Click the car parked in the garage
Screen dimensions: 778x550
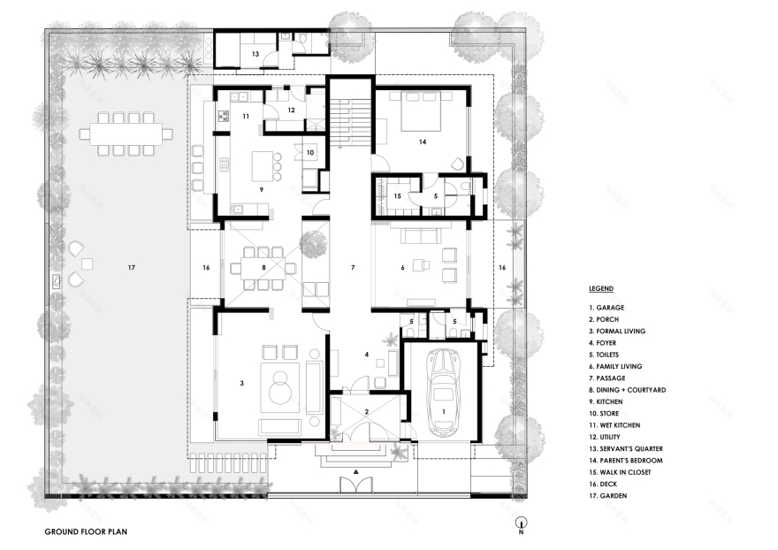[444, 393]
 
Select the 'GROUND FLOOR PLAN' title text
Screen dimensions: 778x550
[86, 531]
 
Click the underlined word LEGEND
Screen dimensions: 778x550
[601, 288]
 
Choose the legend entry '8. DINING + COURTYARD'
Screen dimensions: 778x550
[627, 390]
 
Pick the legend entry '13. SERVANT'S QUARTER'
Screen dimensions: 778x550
[626, 448]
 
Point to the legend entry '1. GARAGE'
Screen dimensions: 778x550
[606, 308]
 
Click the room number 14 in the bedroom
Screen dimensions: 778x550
[423, 142]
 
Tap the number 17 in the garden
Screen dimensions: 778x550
[131, 268]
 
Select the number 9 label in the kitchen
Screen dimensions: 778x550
[262, 189]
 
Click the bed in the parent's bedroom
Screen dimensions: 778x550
[420, 111]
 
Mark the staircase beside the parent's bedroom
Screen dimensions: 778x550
[351, 123]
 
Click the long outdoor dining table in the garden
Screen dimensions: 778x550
[126, 134]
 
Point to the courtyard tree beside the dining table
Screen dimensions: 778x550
[314, 245]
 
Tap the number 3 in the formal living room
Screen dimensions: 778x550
[242, 383]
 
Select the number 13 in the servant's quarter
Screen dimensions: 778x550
[255, 54]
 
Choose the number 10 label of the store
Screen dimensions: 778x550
[310, 152]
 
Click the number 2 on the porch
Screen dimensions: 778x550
[367, 411]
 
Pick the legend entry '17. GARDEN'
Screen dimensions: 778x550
[608, 496]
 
